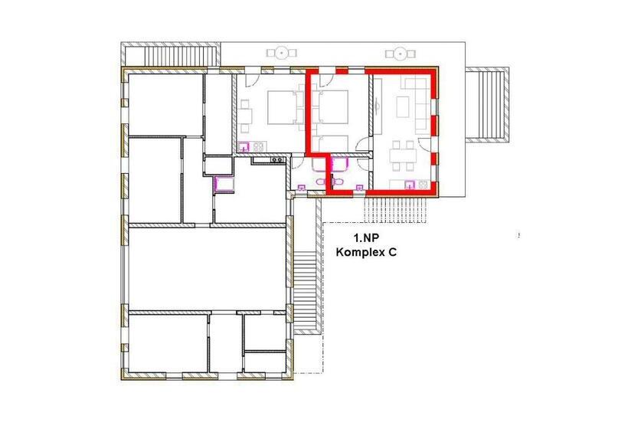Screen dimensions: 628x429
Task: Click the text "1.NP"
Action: pyautogui.click(x=366, y=238)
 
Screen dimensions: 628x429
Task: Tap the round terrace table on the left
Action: pyautogui.click(x=282, y=52)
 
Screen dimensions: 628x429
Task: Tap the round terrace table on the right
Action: pyautogui.click(x=400, y=54)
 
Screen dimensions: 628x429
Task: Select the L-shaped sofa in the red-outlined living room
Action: pyautogui.click(x=418, y=105)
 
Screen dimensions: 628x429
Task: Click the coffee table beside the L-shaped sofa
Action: pyautogui.click(x=403, y=106)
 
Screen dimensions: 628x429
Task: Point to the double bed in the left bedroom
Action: pyautogui.click(x=283, y=107)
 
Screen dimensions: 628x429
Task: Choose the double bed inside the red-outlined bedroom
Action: pyautogui.click(x=330, y=106)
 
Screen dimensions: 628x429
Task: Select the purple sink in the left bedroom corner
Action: pyautogui.click(x=244, y=147)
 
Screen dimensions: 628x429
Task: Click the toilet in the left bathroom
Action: pyautogui.click(x=321, y=182)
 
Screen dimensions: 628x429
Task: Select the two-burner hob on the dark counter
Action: pyautogui.click(x=276, y=160)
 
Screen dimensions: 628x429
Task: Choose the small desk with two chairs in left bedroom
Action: pyautogui.click(x=245, y=116)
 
